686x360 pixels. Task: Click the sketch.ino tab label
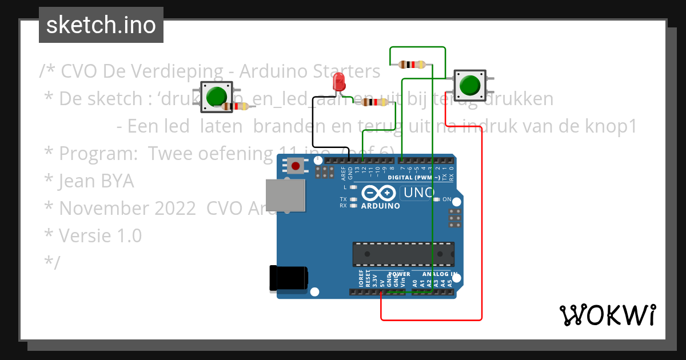(x=101, y=25)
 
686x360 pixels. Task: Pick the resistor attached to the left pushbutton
(x=235, y=106)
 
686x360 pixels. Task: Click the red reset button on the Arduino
(x=296, y=166)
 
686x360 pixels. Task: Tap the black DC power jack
(x=288, y=278)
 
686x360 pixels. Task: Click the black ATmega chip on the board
(x=403, y=254)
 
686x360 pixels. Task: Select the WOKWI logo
(x=607, y=315)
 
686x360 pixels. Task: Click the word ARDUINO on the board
(x=381, y=206)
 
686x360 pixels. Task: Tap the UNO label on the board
(x=418, y=193)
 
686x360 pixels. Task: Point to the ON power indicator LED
(x=437, y=199)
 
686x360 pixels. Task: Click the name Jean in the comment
(x=78, y=181)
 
